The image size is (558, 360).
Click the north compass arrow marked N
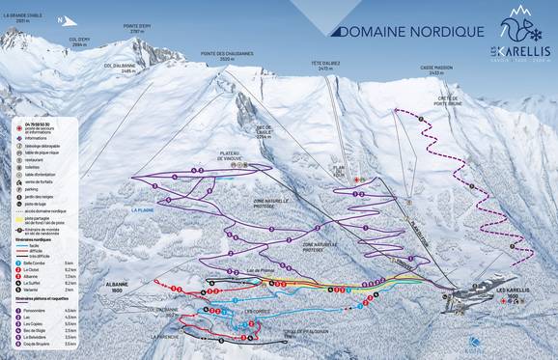(60, 19)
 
